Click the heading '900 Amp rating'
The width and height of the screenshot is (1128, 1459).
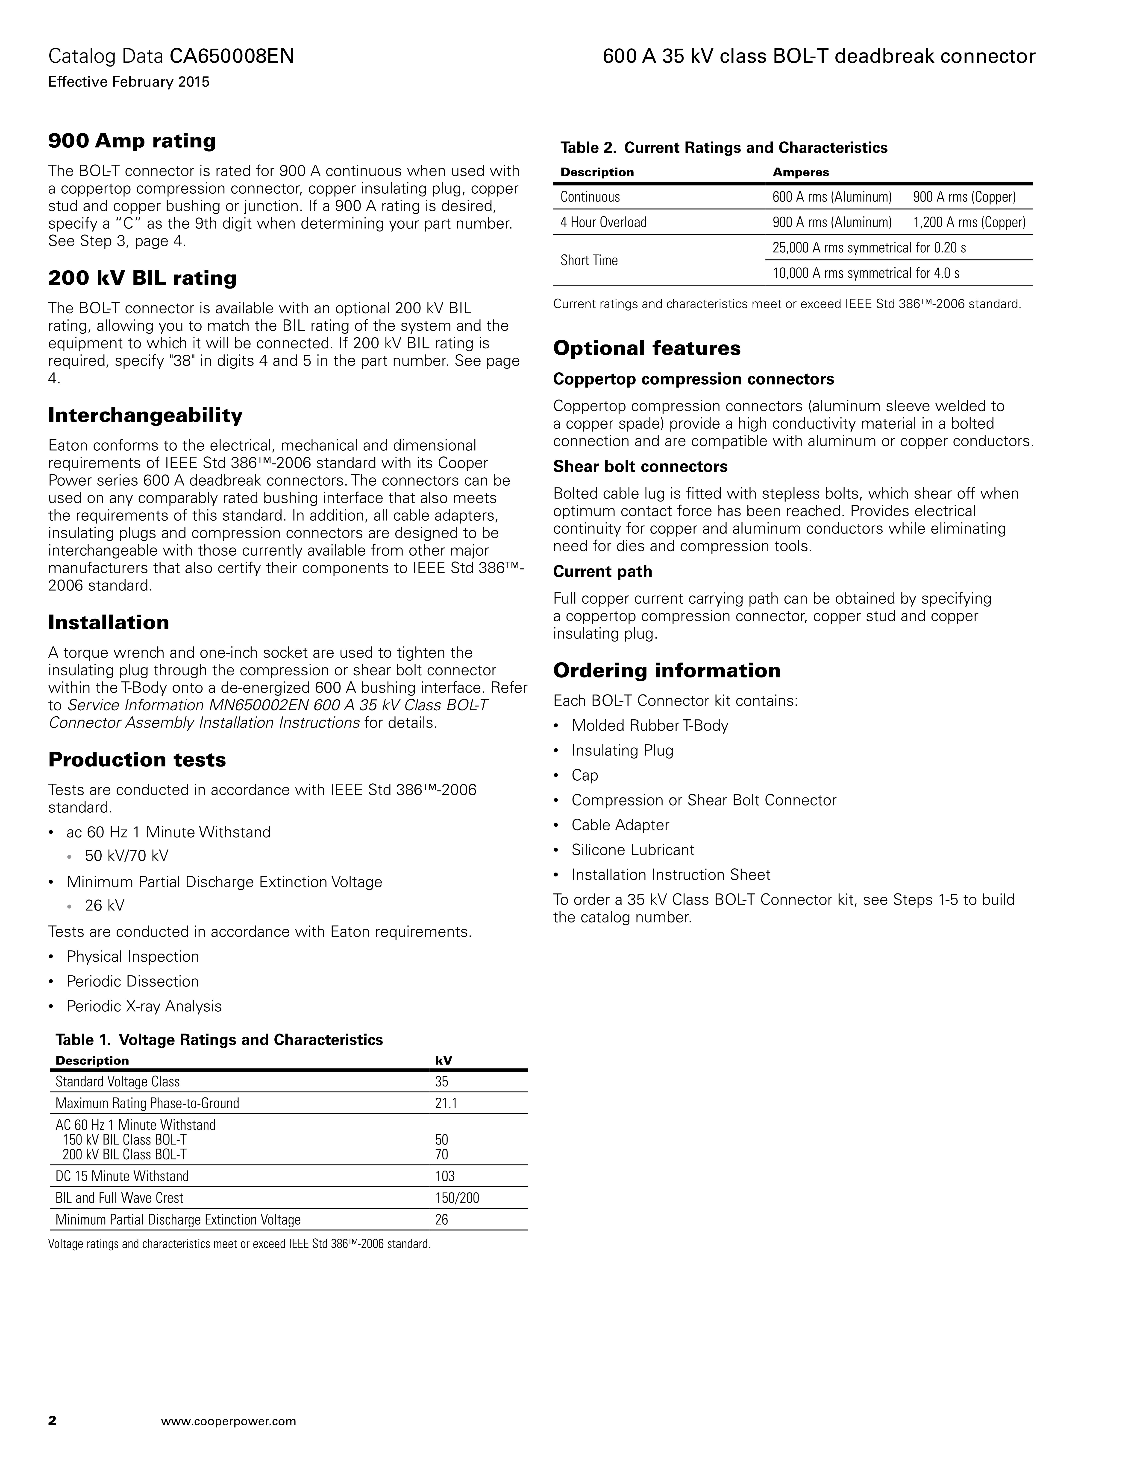tap(132, 141)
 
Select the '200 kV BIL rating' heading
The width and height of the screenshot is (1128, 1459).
tap(142, 278)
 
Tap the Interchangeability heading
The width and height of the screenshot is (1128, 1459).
tap(145, 415)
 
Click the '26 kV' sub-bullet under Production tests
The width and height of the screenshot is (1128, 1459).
tap(104, 905)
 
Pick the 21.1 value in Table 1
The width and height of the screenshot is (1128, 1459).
tap(446, 1103)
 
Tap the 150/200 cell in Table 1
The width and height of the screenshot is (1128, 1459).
tap(457, 1198)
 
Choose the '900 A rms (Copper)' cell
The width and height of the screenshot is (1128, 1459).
tap(964, 197)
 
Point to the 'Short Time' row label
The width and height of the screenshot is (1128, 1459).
tap(589, 260)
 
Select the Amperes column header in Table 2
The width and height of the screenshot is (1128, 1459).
tap(801, 172)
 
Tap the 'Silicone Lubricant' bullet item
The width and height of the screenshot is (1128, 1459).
tap(632, 850)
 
